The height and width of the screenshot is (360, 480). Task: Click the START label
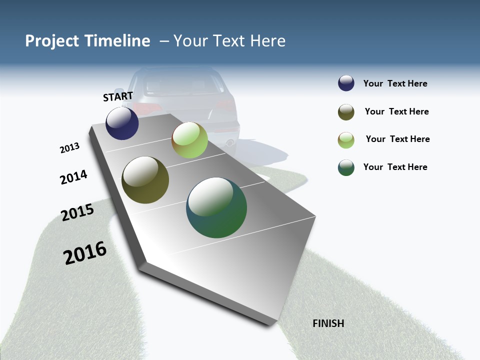click(x=118, y=96)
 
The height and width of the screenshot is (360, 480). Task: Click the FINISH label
click(x=328, y=323)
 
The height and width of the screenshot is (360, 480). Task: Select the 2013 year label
click(x=69, y=148)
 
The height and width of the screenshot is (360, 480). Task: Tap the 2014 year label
click(x=73, y=177)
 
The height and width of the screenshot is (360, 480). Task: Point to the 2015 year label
click(x=77, y=212)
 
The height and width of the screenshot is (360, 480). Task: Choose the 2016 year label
click(x=85, y=253)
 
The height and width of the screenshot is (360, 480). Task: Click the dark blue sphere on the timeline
click(x=122, y=123)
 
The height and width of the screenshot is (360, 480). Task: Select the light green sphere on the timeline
click(x=189, y=140)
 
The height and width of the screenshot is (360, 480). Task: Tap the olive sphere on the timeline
click(x=145, y=180)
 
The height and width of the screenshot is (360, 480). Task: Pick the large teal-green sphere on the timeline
click(x=216, y=207)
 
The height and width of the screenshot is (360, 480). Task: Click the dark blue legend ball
click(x=346, y=83)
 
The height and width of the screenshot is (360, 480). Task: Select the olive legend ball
click(x=346, y=112)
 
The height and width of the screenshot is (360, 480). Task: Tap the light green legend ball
click(x=346, y=140)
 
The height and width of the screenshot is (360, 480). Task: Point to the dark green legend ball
click(x=346, y=167)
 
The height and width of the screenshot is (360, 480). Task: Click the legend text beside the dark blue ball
click(x=395, y=84)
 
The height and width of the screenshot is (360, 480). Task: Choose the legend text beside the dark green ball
click(x=395, y=167)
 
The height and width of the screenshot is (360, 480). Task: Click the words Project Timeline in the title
click(x=87, y=41)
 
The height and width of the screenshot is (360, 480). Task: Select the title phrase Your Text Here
click(x=229, y=41)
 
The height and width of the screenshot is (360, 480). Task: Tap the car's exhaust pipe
click(x=230, y=143)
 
